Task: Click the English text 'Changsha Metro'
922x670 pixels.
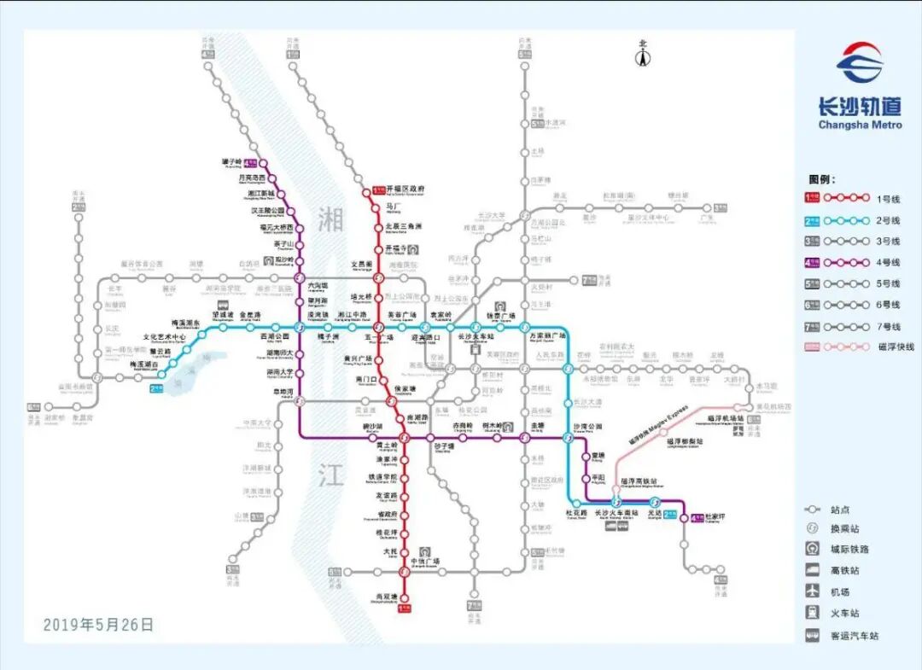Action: click(x=859, y=125)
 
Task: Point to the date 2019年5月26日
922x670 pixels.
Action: click(x=99, y=625)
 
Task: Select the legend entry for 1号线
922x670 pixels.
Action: click(x=855, y=199)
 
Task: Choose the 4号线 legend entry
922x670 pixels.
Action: click(x=855, y=263)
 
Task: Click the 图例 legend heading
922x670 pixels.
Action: click(x=822, y=179)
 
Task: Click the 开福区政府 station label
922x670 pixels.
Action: click(x=406, y=189)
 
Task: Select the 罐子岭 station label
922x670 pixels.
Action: click(x=233, y=161)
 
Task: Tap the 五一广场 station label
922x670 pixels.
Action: click(x=379, y=337)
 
